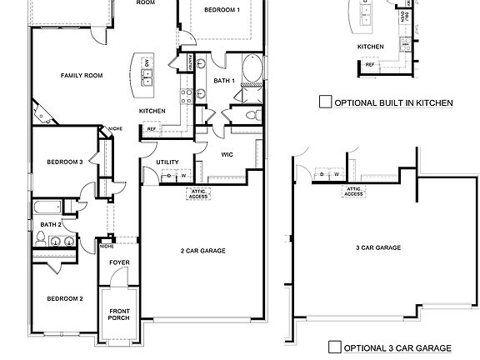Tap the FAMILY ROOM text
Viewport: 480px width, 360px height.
(81, 75)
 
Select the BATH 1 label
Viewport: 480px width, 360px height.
(223, 81)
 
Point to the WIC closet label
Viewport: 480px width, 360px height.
(226, 154)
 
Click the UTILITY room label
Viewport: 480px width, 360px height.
(168, 162)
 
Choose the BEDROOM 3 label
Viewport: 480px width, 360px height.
(64, 162)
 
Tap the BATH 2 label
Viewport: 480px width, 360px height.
(52, 224)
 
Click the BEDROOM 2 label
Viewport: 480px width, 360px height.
(64, 298)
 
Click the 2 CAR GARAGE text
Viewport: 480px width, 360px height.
(202, 250)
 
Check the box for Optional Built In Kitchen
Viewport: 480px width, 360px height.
(325, 102)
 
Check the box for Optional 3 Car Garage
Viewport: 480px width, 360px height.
(334, 347)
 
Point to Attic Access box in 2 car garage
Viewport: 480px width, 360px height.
(198, 194)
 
